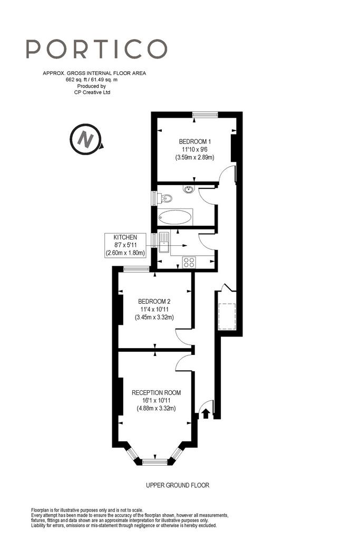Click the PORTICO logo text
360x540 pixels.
pos(96,49)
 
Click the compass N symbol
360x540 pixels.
pos(86,139)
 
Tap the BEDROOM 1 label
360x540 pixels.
pos(195,141)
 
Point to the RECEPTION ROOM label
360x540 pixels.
pos(156,392)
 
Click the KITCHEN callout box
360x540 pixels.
pos(125,245)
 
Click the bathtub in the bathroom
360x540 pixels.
pos(175,217)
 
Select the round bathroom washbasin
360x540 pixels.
pos(189,189)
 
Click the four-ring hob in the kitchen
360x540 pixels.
pos(189,263)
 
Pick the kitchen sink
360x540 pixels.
pos(164,243)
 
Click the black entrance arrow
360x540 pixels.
pos(206,413)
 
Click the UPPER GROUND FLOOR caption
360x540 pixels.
pos(178,485)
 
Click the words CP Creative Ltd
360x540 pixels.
pos(92,92)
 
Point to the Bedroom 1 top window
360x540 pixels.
pos(205,115)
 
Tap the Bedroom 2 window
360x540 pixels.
pos(137,269)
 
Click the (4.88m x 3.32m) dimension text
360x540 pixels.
pos(156,409)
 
